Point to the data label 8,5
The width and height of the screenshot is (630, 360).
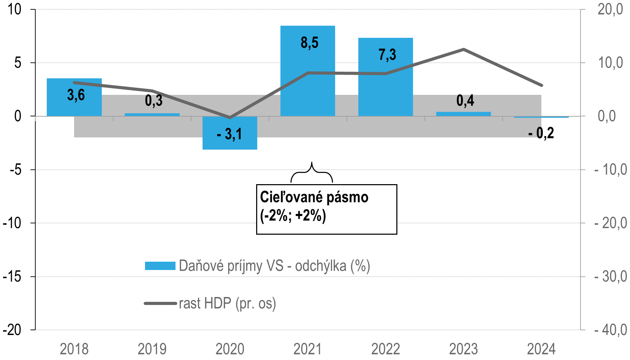click(309, 43)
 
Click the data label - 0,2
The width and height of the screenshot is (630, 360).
click(541, 133)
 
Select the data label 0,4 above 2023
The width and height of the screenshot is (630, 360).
click(465, 101)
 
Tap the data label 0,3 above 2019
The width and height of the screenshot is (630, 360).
click(154, 101)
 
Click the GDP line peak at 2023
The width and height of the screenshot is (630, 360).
click(463, 49)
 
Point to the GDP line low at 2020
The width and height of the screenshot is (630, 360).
click(230, 118)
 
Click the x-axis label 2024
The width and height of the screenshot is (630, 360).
click(541, 349)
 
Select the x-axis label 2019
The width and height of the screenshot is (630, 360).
click(152, 349)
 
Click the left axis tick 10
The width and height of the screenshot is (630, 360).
click(15, 9)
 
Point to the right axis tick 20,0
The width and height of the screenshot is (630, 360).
click(610, 9)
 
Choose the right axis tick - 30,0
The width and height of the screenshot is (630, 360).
click(610, 277)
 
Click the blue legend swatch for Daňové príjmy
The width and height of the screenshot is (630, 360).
click(160, 266)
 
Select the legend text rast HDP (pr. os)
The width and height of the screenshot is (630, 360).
click(227, 304)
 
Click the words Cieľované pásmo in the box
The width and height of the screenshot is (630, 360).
click(314, 197)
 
